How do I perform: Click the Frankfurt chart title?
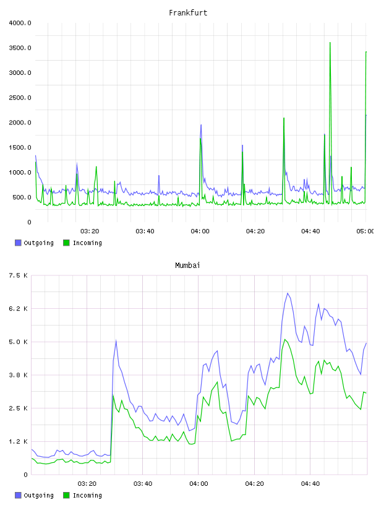[x=188, y=13]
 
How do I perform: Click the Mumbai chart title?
[x=187, y=265]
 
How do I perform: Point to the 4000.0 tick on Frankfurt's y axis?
[x=20, y=23]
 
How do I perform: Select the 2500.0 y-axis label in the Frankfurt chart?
[x=20, y=98]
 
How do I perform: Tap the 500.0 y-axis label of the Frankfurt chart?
[x=22, y=197]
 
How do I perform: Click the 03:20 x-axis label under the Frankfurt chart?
[x=90, y=231]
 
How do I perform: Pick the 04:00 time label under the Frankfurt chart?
[x=200, y=231]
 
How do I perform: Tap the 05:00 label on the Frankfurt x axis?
[x=365, y=231]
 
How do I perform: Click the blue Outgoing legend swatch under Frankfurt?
[x=18, y=243]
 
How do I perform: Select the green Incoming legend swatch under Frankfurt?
[x=66, y=243]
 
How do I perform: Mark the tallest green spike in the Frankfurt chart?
[x=330, y=43]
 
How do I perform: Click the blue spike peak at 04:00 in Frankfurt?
[x=201, y=125]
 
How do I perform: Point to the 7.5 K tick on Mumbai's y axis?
[x=19, y=275]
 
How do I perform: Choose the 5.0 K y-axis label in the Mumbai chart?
[x=19, y=342]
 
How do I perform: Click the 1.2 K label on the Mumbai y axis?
[x=19, y=441]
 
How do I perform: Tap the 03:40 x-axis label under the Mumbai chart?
[x=143, y=483]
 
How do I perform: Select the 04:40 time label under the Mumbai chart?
[x=310, y=483]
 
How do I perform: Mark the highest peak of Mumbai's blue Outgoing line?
[x=288, y=293]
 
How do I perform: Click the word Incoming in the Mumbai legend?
[x=87, y=495]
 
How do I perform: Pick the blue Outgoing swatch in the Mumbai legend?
[x=18, y=495]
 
